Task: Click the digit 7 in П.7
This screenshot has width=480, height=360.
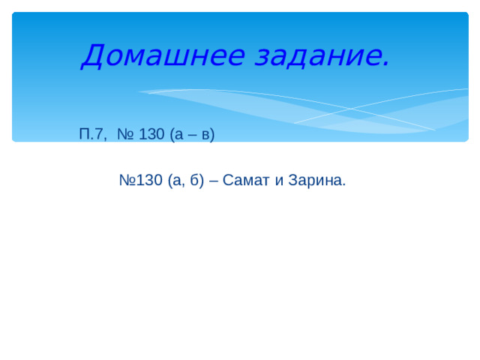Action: tap(101, 135)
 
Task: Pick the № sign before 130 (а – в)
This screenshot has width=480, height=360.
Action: tap(125, 135)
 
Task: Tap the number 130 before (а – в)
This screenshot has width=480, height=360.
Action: tap(151, 135)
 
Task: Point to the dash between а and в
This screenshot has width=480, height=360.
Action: tap(190, 136)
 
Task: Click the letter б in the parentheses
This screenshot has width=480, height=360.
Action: tap(193, 181)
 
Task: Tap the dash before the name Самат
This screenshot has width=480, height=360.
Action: tap(214, 181)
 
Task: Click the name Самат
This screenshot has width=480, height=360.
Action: tap(243, 181)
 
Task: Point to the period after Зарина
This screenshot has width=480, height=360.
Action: tap(344, 185)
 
